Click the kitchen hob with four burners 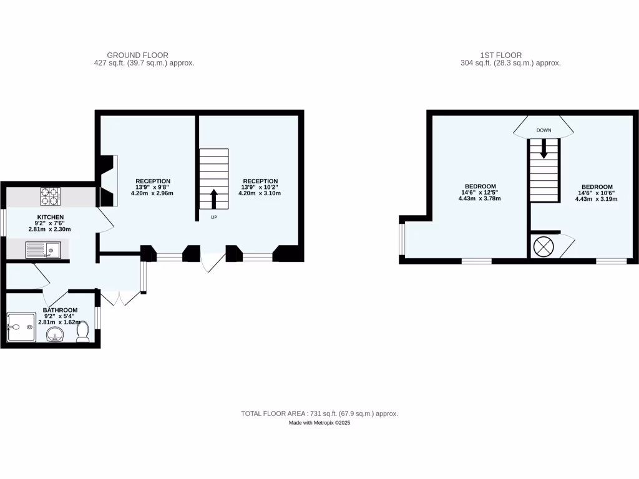click(x=50, y=196)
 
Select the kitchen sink click(x=42, y=251)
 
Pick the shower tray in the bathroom click(x=22, y=329)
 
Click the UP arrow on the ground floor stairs click(x=214, y=199)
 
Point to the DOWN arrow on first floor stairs click(x=544, y=148)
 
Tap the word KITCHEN click(x=50, y=217)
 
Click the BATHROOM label click(x=60, y=310)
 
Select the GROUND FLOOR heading click(x=137, y=55)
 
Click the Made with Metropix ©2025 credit click(x=319, y=423)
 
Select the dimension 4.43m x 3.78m click(x=480, y=198)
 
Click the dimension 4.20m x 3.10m click(x=260, y=193)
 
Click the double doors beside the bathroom click(x=120, y=298)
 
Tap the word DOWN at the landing click(x=544, y=130)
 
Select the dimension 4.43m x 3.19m click(x=597, y=200)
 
